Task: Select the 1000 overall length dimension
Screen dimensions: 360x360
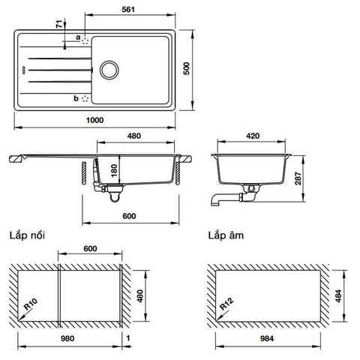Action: coord(94,120)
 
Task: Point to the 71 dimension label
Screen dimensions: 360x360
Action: coord(58,25)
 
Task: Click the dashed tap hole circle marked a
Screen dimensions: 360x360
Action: coord(85,38)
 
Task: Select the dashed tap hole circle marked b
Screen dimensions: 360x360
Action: coord(85,97)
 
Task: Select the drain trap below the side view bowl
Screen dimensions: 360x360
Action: coord(113,196)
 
